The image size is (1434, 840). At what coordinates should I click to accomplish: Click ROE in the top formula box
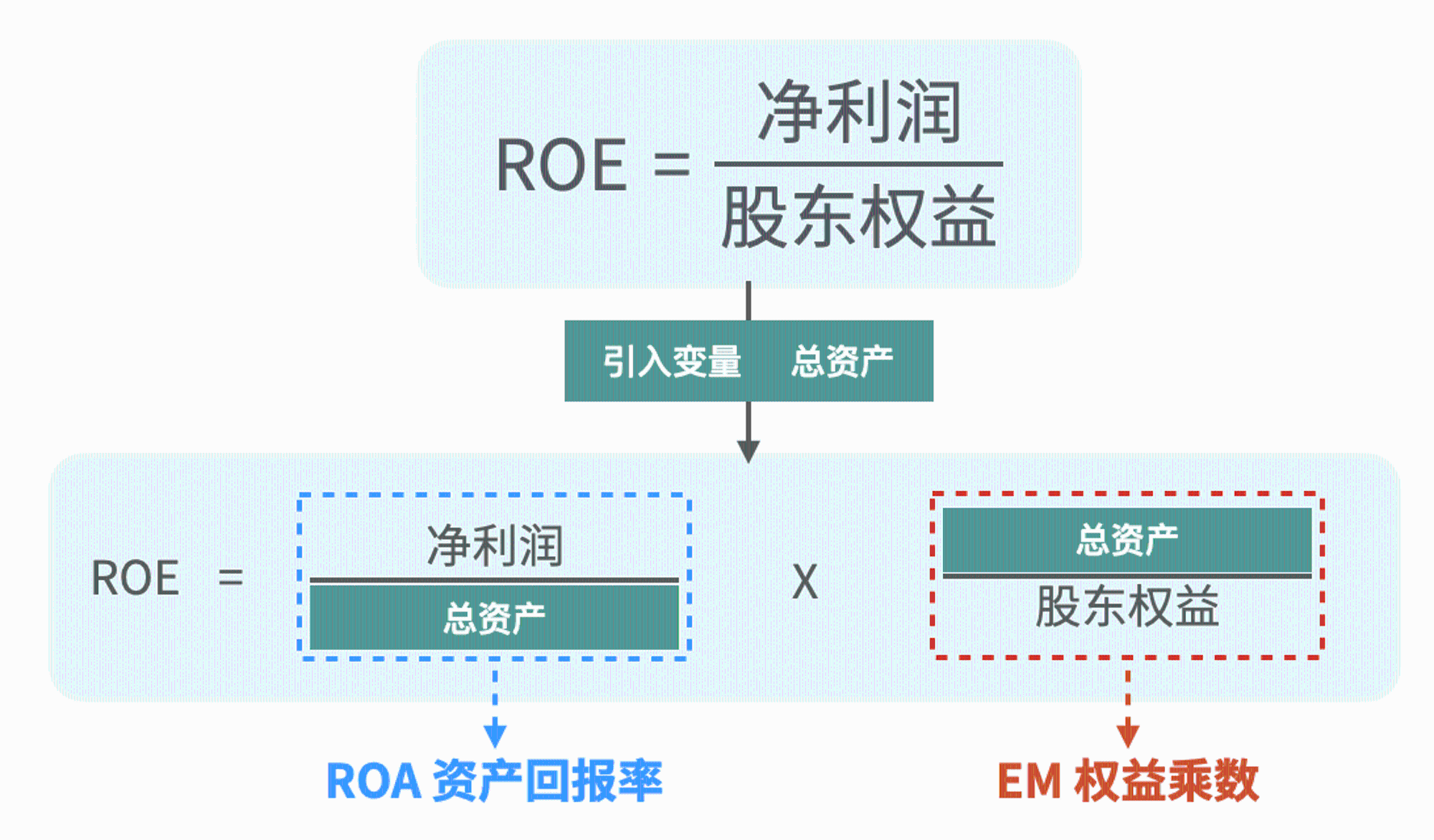coord(561,166)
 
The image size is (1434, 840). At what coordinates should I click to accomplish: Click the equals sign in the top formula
coord(671,166)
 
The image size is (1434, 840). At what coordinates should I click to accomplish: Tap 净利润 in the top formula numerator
coord(859,112)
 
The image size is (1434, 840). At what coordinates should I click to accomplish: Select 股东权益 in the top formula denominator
coord(859,216)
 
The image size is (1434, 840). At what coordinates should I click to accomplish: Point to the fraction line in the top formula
coord(858,164)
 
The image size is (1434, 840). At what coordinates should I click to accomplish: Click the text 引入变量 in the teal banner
coord(672,361)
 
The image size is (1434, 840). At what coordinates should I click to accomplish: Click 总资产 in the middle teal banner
coord(842,361)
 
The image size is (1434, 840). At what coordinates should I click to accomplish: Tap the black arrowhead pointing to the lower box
coord(749,452)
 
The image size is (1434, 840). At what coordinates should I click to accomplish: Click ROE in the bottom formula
coord(136,578)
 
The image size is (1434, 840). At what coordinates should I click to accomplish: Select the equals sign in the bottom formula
coord(231,578)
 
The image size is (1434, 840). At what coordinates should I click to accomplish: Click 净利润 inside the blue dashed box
coord(495,545)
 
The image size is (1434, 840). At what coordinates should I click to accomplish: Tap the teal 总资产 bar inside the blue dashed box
coord(495,618)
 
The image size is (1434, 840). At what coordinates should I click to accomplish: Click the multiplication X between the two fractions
coord(804,582)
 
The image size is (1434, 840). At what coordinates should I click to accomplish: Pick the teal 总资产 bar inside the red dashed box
coord(1126,540)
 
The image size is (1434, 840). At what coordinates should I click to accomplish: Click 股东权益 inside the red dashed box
coord(1126,607)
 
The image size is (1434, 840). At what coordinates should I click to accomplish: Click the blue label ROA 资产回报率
coord(495,781)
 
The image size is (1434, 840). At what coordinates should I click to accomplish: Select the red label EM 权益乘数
coord(1128,781)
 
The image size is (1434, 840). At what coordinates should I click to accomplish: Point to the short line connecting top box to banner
coord(749,301)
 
